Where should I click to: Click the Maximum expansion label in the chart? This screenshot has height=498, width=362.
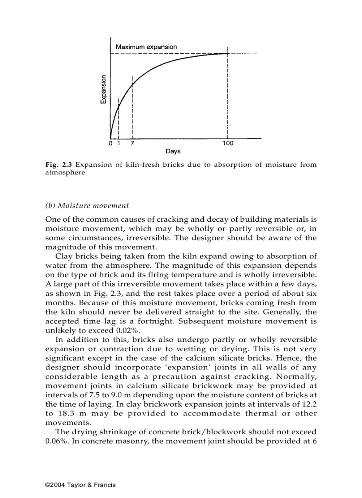tap(146, 47)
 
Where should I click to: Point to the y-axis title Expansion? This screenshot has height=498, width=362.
tap(103, 89)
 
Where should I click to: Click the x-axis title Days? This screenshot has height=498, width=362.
tap(173, 151)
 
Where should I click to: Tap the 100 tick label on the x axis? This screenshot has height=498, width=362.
tap(228, 143)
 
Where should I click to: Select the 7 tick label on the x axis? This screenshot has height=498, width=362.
tap(132, 143)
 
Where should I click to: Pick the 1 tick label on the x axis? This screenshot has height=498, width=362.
tap(118, 143)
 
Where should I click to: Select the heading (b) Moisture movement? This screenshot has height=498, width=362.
tap(87, 205)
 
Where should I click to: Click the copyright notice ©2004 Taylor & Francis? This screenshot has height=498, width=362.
tap(80, 485)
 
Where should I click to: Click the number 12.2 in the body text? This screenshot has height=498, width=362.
tap(307, 404)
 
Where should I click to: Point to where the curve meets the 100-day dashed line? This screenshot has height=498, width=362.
tap(227, 53)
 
